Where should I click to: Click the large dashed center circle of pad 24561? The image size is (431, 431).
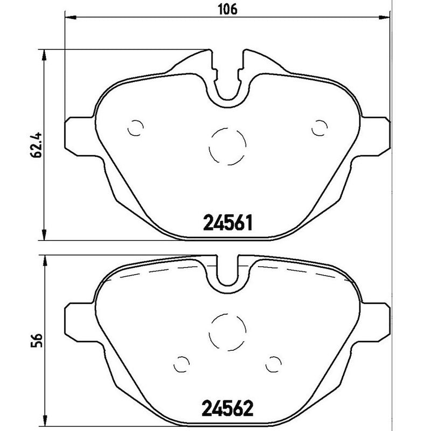click(x=228, y=147)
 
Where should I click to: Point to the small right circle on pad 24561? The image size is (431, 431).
click(x=321, y=128)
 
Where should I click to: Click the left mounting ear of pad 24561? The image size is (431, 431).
click(x=79, y=134)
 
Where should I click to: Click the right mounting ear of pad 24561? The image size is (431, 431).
click(x=377, y=134)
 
